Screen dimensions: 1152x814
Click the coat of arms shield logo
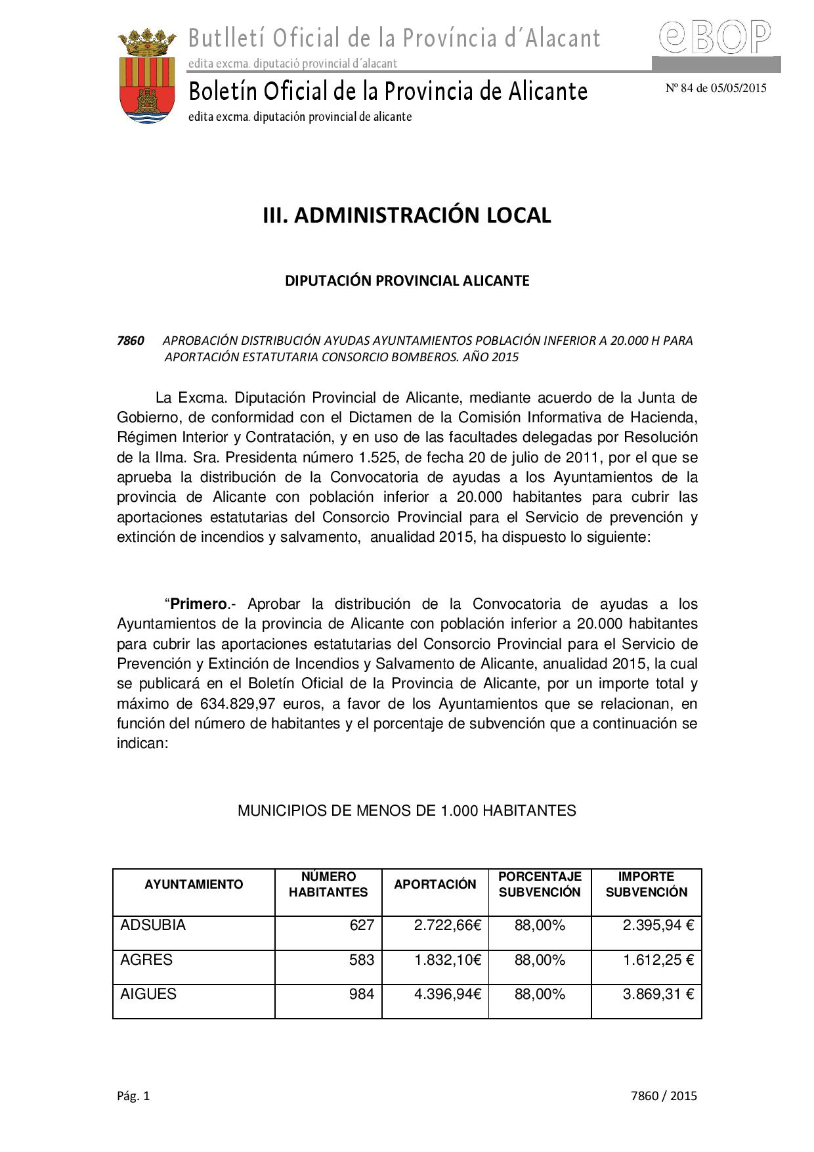(x=146, y=78)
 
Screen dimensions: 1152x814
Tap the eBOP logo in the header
(x=715, y=37)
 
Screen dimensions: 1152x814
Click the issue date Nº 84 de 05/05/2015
(x=716, y=88)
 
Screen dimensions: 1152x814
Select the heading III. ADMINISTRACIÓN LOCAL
(x=406, y=215)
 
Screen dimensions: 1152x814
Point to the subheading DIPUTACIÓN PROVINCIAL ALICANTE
(x=406, y=280)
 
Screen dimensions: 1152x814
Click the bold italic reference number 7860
(x=130, y=340)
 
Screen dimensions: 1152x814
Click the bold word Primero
(x=198, y=604)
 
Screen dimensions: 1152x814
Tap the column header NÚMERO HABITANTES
(x=328, y=884)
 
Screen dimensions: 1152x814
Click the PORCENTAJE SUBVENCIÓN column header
(x=540, y=884)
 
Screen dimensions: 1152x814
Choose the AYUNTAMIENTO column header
(x=194, y=884)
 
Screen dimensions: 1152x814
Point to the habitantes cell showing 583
(x=362, y=960)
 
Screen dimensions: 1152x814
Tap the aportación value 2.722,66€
(x=448, y=925)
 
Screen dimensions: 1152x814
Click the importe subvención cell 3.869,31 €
(x=658, y=994)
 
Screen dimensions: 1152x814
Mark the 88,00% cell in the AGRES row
(x=540, y=960)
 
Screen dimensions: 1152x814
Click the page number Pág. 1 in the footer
(x=133, y=1096)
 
